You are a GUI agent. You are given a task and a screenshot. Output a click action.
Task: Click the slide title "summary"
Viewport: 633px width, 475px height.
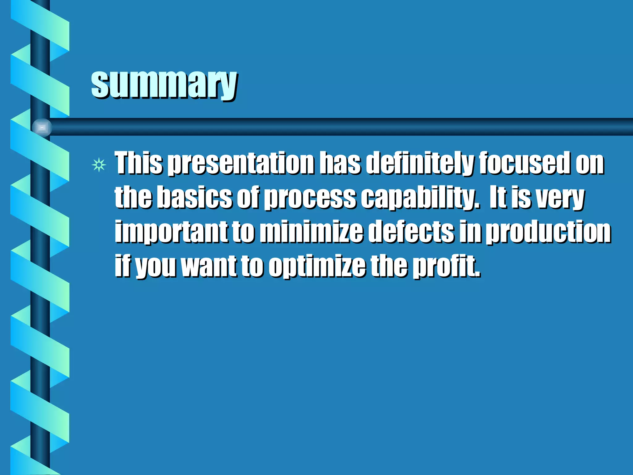[164, 83]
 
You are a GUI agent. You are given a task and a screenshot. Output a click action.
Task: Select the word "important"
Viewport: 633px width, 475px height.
[171, 232]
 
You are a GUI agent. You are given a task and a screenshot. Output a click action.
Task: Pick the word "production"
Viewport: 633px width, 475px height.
[548, 232]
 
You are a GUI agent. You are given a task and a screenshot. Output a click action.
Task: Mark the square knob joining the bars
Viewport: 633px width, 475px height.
[42, 127]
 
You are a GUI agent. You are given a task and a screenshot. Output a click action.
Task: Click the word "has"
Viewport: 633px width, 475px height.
[340, 163]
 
